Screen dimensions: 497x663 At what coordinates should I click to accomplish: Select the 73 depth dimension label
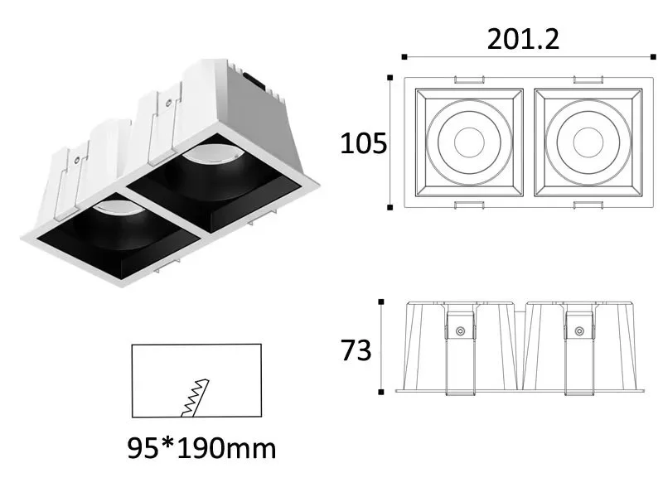(356, 350)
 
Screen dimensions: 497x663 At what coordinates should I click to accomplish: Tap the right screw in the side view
(578, 332)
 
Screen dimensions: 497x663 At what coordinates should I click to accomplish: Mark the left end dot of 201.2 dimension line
(404, 57)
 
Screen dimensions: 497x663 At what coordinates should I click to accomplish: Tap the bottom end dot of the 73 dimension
(380, 392)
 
